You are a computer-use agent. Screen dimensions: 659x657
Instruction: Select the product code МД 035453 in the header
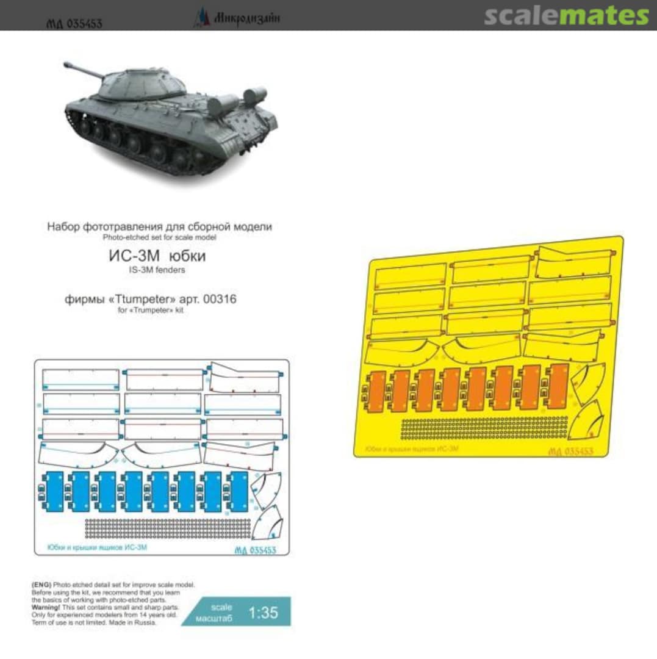[x=74, y=24]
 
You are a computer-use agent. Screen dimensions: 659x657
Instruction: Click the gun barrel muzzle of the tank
[x=66, y=63]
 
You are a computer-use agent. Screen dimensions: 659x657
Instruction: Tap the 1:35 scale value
[x=264, y=613]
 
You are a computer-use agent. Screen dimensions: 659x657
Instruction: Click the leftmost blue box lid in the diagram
[x=53, y=491]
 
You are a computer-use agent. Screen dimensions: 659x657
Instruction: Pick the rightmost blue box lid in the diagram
[x=238, y=491]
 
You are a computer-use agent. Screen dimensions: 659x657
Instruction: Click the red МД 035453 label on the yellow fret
[x=570, y=451]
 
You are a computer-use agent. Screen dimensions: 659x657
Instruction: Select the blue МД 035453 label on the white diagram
[x=255, y=550]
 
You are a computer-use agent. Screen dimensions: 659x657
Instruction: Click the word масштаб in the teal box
[x=221, y=619]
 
